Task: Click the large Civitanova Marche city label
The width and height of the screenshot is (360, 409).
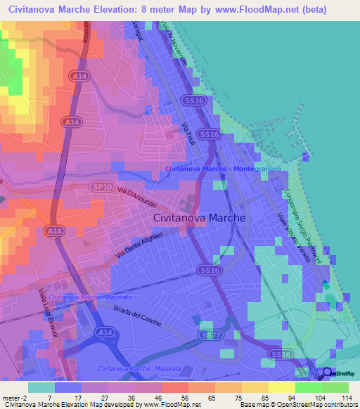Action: pos(200,219)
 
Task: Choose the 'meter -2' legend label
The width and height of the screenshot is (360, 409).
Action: pos(14,398)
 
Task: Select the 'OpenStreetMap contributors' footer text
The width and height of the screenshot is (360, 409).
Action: pos(316,405)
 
